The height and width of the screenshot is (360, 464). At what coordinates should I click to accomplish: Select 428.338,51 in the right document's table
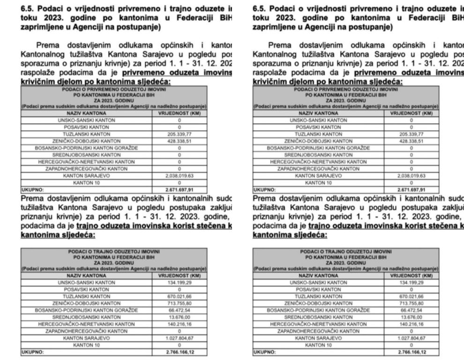pos(411,140)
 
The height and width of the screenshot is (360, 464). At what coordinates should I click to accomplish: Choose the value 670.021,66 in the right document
pos(411,296)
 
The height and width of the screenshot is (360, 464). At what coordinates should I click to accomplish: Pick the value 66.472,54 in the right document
pos(411,310)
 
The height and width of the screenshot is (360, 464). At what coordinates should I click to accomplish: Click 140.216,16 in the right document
pos(411,324)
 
